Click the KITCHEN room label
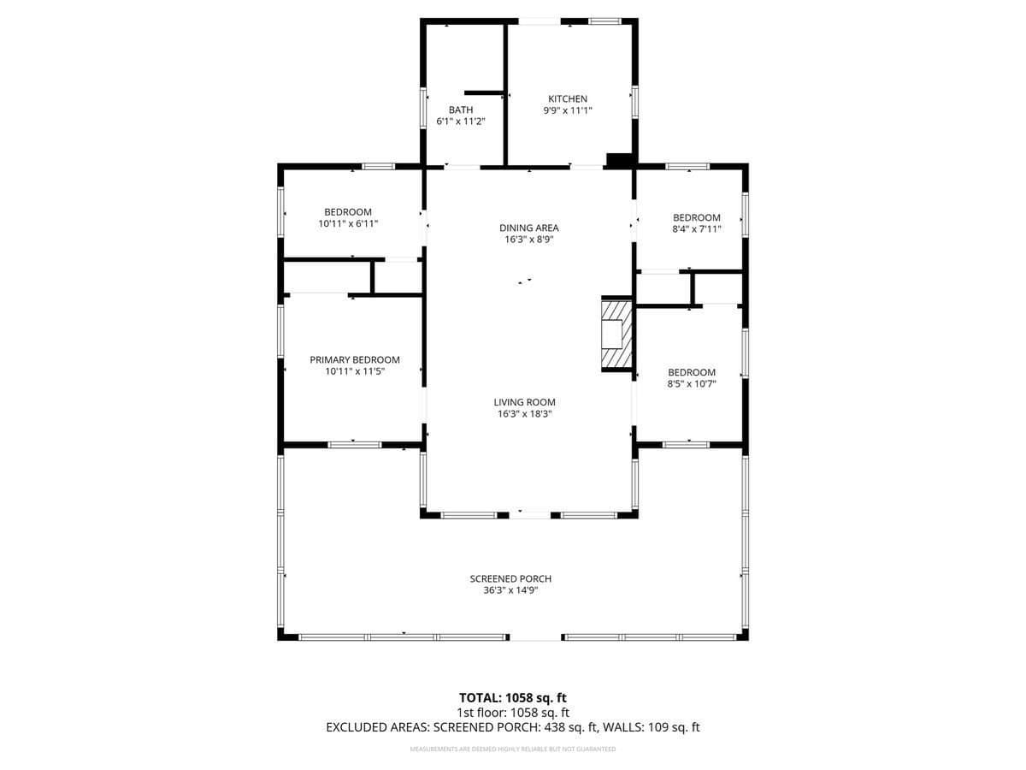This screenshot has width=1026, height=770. tap(568, 98)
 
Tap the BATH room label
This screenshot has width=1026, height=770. tap(461, 110)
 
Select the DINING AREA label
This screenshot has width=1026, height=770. tap(529, 228)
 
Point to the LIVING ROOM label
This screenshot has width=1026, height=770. tap(524, 402)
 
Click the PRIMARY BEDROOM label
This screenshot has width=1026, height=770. tap(355, 359)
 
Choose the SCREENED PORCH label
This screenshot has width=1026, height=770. tap(510, 578)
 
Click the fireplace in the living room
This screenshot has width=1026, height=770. tap(616, 334)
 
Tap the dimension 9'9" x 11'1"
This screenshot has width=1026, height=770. tap(568, 110)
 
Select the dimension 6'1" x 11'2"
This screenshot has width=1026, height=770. tap(461, 121)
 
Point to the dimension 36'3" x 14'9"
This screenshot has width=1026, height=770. tap(511, 590)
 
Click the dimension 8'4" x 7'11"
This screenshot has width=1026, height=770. tap(697, 229)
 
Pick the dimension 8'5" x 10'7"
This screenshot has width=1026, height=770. tap(692, 384)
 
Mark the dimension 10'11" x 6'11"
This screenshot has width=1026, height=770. tap(348, 223)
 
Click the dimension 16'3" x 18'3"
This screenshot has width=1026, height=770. tap(525, 414)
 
